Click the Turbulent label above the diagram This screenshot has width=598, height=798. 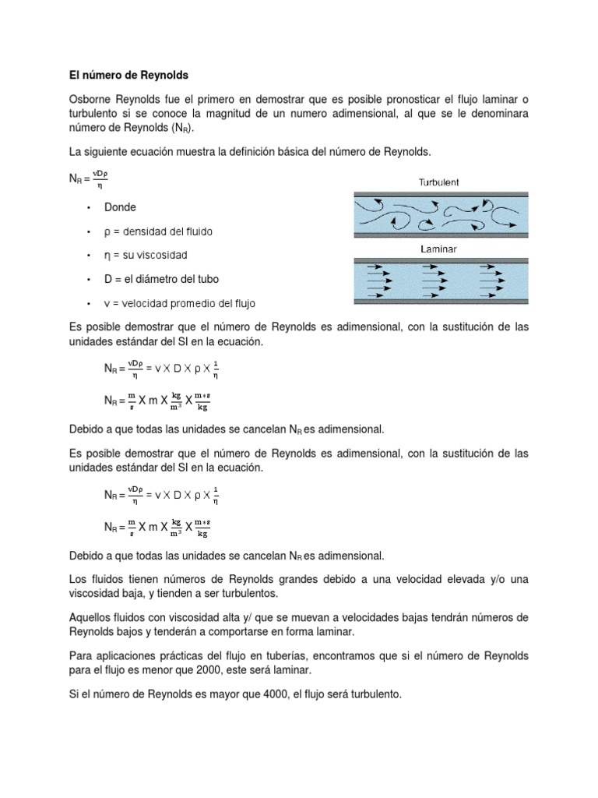[x=439, y=182]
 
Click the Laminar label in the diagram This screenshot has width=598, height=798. [x=438, y=249]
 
